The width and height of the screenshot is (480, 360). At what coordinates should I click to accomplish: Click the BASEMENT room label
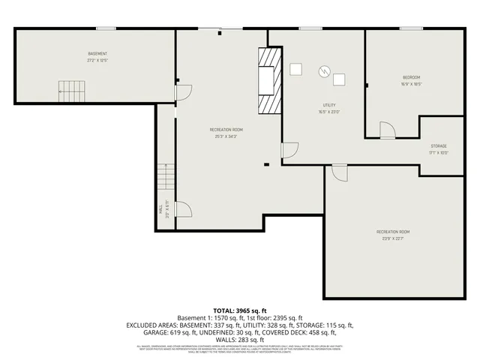(97, 54)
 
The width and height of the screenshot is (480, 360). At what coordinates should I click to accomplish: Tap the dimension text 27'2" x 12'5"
(97, 60)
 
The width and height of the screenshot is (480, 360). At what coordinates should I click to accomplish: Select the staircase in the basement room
(72, 91)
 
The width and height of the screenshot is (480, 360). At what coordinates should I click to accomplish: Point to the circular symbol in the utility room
(323, 71)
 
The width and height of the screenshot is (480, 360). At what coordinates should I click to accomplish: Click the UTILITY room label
(328, 106)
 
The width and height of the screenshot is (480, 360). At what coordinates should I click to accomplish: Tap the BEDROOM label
(411, 78)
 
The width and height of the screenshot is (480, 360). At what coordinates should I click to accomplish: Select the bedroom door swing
(387, 131)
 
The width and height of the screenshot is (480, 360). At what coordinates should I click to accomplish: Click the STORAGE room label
(439, 145)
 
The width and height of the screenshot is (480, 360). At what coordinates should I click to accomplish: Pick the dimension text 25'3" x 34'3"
(226, 136)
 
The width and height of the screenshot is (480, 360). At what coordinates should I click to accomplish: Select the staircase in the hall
(166, 178)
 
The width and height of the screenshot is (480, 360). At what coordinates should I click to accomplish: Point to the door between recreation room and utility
(289, 150)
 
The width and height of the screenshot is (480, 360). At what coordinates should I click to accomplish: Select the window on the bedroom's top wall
(410, 29)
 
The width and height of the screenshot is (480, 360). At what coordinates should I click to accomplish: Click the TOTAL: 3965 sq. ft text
(239, 310)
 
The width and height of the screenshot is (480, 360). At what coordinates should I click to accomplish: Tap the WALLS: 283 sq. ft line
(239, 337)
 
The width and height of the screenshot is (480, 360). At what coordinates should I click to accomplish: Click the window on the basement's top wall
(106, 29)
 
